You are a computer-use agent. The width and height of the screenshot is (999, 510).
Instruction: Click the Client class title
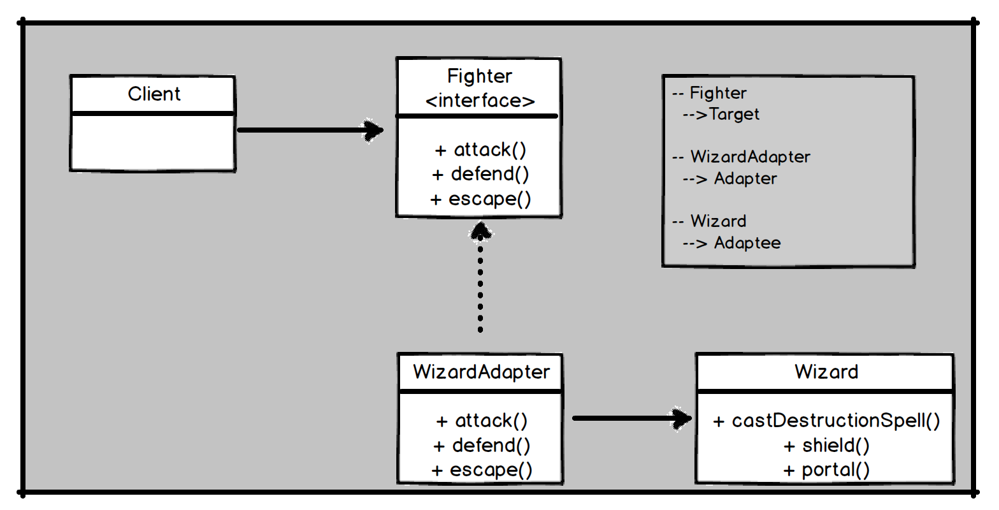pos(154,94)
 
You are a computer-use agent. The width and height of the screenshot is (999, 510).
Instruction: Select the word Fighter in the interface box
pos(479,76)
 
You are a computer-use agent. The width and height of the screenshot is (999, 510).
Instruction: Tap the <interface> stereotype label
pos(480,101)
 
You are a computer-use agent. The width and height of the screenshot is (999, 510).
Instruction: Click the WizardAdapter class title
pos(481,372)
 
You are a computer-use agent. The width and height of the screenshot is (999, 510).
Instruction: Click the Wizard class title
pos(826,372)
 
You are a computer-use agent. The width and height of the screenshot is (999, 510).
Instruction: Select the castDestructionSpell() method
pos(835,421)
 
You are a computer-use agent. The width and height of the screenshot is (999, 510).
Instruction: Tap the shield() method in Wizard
pos(835,445)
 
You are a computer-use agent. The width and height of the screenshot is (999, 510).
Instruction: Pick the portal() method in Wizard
pos(835,470)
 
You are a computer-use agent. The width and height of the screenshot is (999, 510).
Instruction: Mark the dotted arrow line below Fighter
pos(480,287)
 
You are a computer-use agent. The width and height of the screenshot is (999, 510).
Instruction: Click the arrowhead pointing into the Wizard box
pos(681,418)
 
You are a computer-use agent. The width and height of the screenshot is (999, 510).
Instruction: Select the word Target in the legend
pos(734,115)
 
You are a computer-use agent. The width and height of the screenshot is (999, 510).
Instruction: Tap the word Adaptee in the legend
pos(747,243)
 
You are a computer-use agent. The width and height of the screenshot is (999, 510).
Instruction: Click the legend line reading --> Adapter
pos(730,178)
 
